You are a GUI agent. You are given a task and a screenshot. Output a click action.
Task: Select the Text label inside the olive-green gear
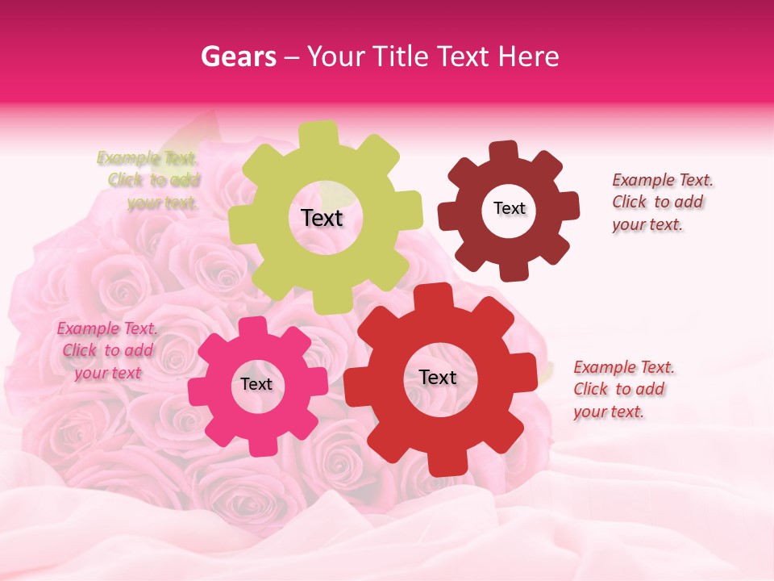click(x=322, y=218)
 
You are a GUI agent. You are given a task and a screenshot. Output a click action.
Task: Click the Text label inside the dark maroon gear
click(x=509, y=208)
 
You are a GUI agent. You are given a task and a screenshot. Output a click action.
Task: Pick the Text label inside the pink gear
click(x=256, y=384)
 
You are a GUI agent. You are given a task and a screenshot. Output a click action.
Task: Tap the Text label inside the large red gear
click(x=438, y=377)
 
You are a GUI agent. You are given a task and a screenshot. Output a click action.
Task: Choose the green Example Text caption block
click(x=148, y=180)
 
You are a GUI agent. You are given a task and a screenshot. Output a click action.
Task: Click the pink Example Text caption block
click(x=107, y=350)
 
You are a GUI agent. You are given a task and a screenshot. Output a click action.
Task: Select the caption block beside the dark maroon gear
click(x=662, y=202)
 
